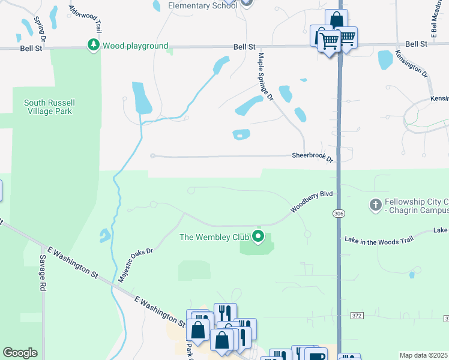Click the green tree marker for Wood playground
(x=93, y=45)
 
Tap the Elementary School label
(x=203, y=5)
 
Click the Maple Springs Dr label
(x=265, y=76)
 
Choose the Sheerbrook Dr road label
(x=312, y=156)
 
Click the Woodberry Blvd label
(x=311, y=202)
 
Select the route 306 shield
(x=338, y=213)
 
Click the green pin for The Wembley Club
(x=259, y=236)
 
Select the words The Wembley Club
(x=214, y=237)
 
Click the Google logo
(x=20, y=353)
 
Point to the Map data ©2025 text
(x=424, y=355)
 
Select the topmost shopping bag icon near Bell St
(x=336, y=18)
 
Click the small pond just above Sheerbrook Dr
(x=241, y=134)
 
